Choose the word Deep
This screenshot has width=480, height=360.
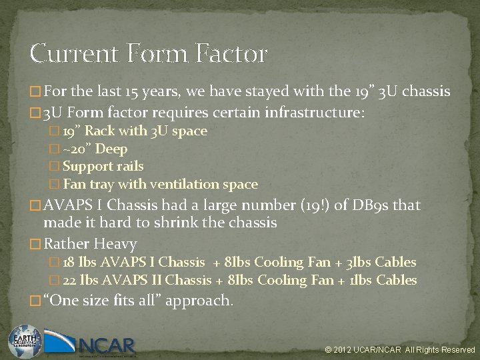click(x=112, y=149)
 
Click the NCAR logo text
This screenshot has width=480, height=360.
click(x=107, y=346)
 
